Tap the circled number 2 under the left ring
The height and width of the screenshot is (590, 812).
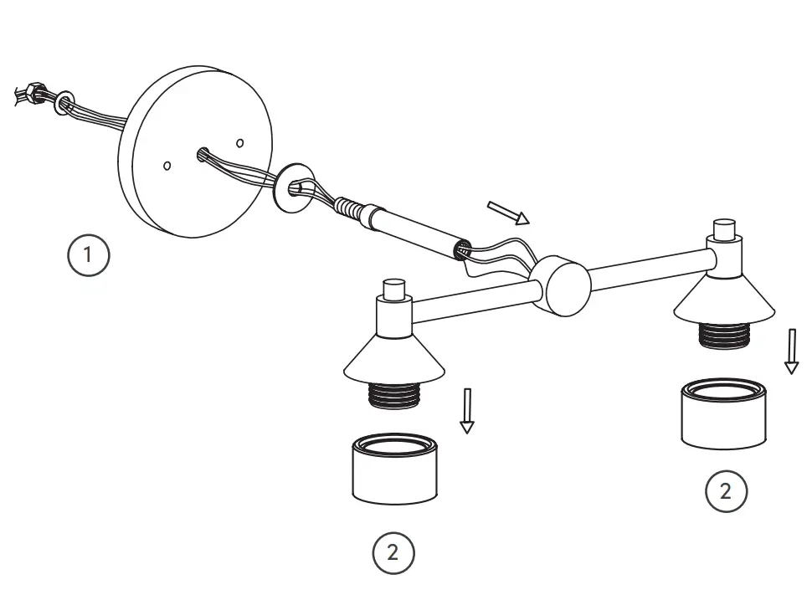point(393,552)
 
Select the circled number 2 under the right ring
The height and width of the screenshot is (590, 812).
point(725,491)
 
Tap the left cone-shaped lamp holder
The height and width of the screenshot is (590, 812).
point(393,356)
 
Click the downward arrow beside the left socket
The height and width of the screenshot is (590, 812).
point(467,410)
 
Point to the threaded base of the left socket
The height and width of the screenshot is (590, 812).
point(393,395)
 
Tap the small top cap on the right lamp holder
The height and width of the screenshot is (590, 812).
point(723,228)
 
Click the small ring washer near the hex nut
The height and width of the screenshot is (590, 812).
point(64,104)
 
